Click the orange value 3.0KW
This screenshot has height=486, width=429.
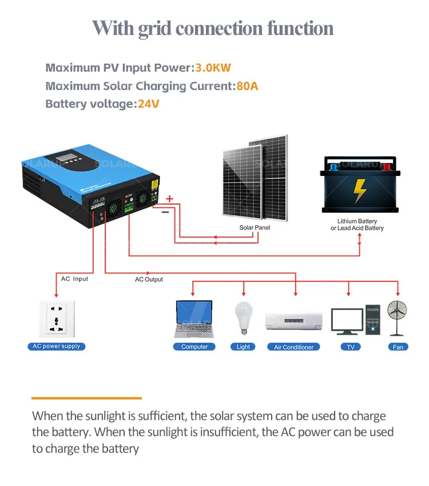[x=213, y=68]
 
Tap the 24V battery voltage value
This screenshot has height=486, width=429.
[x=148, y=104]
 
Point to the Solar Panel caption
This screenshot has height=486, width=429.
[x=255, y=228]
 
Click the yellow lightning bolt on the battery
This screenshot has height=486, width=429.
[x=359, y=191]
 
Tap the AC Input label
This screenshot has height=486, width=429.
[x=75, y=279]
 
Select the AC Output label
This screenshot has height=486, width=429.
[x=149, y=279]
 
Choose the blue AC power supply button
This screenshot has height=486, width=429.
[x=56, y=346]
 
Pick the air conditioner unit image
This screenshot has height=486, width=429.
[x=293, y=320]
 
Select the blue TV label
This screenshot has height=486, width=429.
[x=350, y=347]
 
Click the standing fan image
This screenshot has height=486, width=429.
[x=397, y=318]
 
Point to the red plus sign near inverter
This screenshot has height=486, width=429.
[x=169, y=198]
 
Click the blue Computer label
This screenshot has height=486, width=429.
[x=194, y=347]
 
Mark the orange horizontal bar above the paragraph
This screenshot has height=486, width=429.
[x=86, y=397]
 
